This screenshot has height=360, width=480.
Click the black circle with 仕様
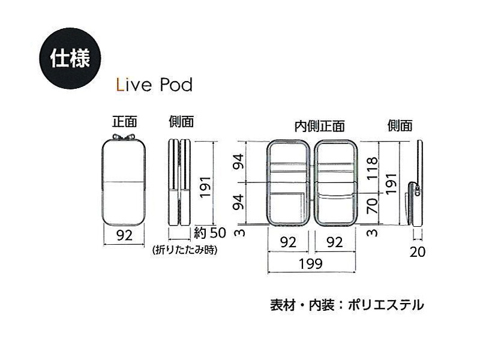(x=70, y=58)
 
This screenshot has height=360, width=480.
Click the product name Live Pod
(x=154, y=85)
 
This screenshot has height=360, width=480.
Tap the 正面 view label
(x=124, y=122)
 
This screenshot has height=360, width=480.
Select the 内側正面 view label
(x=320, y=126)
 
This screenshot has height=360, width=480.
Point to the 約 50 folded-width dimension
(x=210, y=233)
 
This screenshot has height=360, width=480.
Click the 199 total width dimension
(x=311, y=263)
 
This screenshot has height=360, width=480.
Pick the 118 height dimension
(x=373, y=169)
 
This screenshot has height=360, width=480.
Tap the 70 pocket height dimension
(x=372, y=205)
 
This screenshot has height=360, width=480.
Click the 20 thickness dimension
(x=418, y=252)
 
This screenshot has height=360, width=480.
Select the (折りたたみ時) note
(x=185, y=250)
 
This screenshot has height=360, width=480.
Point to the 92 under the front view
(x=124, y=235)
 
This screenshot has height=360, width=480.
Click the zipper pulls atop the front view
(x=124, y=137)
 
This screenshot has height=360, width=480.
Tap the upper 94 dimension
(x=239, y=161)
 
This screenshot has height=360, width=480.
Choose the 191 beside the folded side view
(x=205, y=187)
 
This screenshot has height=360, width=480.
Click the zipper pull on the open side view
(x=417, y=190)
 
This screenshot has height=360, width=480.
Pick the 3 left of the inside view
(x=239, y=233)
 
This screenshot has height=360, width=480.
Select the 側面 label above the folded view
(x=182, y=122)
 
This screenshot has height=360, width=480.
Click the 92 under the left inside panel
(x=288, y=242)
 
